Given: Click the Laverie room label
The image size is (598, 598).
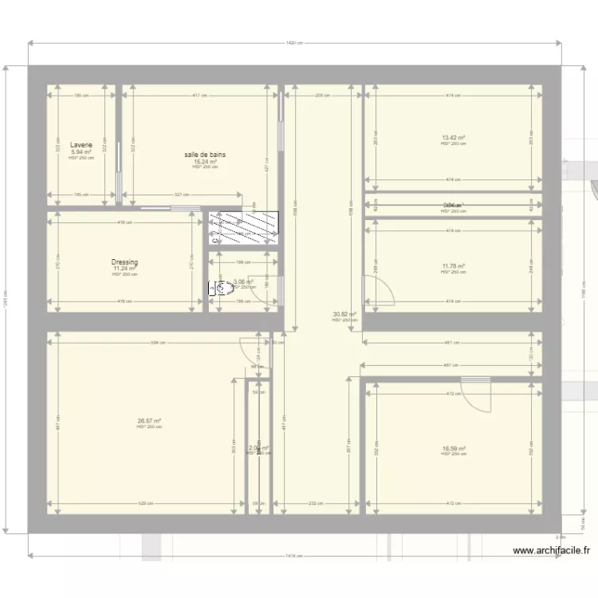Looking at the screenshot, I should click(81, 146).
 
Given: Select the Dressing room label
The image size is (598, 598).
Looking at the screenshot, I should click(125, 262).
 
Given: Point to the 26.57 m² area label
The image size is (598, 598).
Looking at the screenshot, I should click(149, 421).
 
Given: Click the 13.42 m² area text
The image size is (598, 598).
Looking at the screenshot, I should click(453, 138).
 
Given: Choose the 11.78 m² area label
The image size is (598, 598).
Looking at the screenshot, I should click(453, 266).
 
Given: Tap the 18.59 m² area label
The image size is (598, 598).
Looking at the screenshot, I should click(453, 448).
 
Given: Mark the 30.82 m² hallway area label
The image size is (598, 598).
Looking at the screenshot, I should click(344, 314).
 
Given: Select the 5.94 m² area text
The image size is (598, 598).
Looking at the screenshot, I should click(81, 152).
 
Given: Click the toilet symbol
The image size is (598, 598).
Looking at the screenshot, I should click(214, 289).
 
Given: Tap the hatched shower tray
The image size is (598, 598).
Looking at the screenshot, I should click(244, 227).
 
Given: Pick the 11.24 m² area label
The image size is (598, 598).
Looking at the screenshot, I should click(125, 269).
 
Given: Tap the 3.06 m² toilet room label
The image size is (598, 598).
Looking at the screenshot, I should click(243, 281).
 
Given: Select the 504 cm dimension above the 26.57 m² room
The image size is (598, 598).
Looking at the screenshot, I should click(159, 343).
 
